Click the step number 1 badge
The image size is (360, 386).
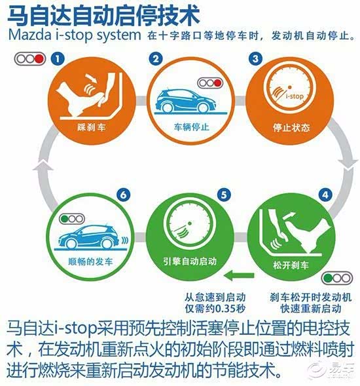[58, 58]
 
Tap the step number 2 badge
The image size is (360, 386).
[156, 58]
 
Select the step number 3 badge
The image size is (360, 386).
[256, 58]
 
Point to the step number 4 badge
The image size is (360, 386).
[325, 195]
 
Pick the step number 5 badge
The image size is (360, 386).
[224, 195]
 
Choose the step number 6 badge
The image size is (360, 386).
[124, 195]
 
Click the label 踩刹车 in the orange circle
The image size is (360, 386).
[92, 127]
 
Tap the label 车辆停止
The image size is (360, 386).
[191, 126]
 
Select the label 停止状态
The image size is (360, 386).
[291, 128]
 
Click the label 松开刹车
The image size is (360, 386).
[291, 265]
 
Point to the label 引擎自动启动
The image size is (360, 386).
[190, 261]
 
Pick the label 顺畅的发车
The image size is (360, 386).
[90, 261]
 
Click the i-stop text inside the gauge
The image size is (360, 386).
[295, 96]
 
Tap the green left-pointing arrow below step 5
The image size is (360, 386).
[239, 276]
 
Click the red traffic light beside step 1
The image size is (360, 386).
[39, 59]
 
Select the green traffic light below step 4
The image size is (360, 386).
[328, 279]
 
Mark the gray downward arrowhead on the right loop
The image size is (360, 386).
[348, 163]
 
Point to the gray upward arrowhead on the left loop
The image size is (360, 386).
[43, 164]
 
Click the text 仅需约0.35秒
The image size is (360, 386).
[215, 309]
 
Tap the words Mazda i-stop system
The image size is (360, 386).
[75, 35]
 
